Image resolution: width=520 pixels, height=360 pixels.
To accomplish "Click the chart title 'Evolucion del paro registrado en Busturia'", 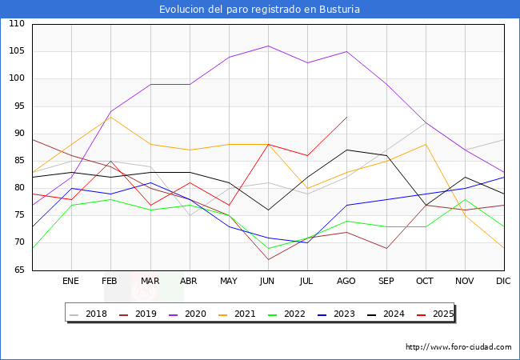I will (x=260, y=10).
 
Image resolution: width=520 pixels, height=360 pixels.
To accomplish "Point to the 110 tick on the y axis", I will (x=17, y=24).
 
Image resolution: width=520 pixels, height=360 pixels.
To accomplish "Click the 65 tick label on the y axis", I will (x=17, y=270).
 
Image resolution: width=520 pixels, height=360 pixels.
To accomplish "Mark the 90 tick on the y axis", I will (x=17, y=134).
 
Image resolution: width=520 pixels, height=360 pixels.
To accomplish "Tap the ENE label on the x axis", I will (x=71, y=282).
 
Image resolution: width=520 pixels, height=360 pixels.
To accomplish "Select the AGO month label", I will (x=346, y=282).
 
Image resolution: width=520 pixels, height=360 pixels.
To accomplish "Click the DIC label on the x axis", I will (x=503, y=282).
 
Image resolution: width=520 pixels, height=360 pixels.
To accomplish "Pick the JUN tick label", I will (x=268, y=282).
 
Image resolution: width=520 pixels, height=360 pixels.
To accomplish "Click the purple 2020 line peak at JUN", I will (x=268, y=46).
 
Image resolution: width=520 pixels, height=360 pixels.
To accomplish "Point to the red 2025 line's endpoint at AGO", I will (x=346, y=117).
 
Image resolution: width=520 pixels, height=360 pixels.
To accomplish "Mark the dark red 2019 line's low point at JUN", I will (x=268, y=259).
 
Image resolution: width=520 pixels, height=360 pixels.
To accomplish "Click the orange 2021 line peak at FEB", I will (x=110, y=117).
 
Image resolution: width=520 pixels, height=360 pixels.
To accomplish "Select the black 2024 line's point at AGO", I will (x=346, y=150).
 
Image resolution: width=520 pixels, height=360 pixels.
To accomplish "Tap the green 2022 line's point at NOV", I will (x=464, y=199).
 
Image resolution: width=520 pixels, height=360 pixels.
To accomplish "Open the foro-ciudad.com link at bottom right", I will (x=458, y=347).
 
